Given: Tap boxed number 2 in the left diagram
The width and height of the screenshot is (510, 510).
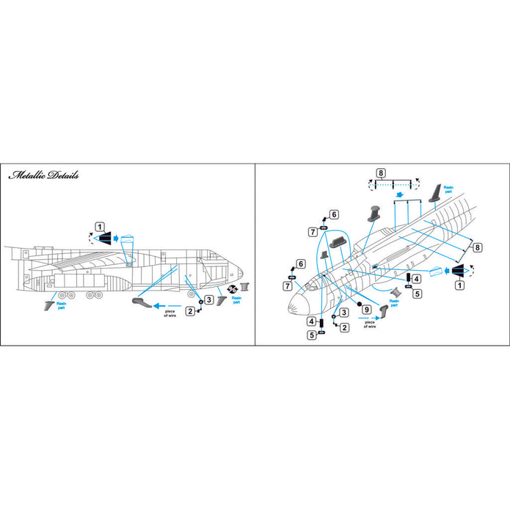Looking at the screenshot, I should [190, 311].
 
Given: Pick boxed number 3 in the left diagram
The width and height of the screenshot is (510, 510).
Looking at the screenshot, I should [209, 299].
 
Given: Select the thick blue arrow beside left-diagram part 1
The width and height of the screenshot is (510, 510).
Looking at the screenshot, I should [115, 238].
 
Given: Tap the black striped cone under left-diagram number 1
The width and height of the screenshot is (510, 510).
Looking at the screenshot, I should [103, 238].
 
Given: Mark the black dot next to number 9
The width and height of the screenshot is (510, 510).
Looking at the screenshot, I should [360, 302].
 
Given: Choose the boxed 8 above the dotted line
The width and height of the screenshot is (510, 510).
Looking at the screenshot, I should [380, 173].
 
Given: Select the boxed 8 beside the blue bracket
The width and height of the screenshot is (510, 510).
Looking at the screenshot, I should [478, 248].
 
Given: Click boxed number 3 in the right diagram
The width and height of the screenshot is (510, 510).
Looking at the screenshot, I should [343, 313].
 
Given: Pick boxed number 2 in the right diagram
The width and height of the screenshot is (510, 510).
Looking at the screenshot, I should [343, 328].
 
